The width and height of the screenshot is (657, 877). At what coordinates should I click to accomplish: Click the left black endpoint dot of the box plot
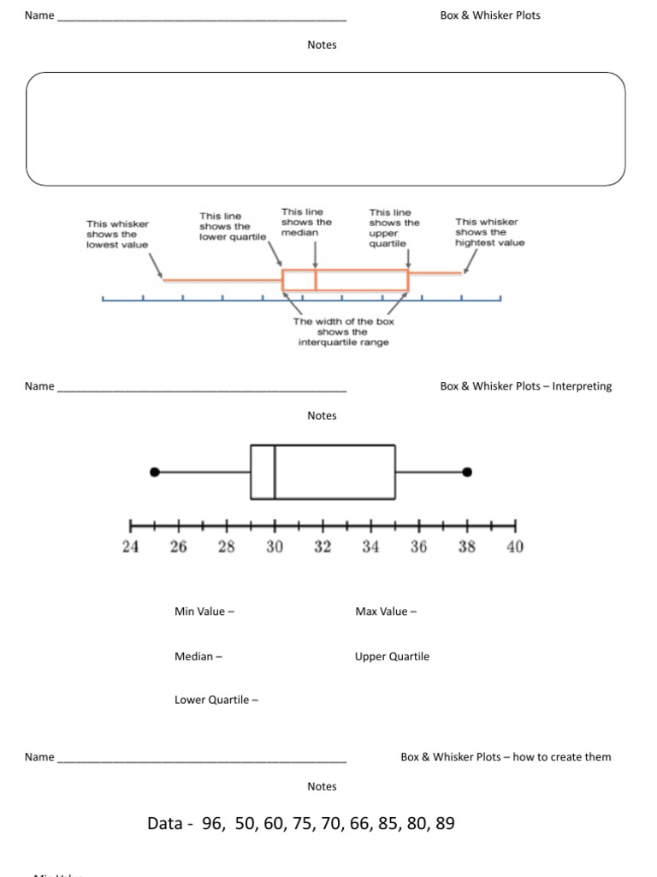(x=155, y=472)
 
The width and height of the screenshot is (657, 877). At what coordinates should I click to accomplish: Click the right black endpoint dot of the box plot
(x=467, y=472)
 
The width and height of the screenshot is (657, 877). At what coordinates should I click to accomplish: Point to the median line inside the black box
(x=275, y=472)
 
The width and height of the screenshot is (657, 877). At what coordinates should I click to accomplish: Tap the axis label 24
(x=130, y=546)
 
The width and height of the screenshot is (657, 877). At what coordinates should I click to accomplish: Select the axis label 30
(x=274, y=546)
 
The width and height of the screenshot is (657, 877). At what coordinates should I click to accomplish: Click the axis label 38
(x=467, y=546)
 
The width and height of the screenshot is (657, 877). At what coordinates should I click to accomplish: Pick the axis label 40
(x=515, y=546)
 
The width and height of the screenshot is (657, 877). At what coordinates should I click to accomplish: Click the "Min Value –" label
(x=204, y=612)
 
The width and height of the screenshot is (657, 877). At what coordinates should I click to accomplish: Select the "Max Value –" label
(x=386, y=612)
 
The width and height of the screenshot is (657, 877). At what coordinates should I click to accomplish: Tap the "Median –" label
(x=198, y=657)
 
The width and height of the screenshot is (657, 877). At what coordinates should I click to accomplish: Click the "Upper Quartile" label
(x=392, y=657)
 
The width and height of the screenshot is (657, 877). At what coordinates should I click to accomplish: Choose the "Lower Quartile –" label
(x=216, y=700)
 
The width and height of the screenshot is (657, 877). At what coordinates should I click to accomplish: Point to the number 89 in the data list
(x=445, y=824)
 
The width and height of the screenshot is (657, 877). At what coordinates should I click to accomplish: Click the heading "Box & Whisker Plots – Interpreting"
(x=526, y=386)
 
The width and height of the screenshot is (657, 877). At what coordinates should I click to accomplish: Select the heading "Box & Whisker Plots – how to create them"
(x=506, y=757)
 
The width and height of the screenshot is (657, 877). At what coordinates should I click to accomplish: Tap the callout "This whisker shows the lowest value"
(x=117, y=234)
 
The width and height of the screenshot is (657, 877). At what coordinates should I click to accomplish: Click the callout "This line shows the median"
(x=305, y=222)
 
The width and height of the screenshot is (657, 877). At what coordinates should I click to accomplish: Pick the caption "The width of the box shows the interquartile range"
(x=343, y=332)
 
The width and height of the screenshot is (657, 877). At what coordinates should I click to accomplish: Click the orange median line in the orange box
(x=316, y=281)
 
